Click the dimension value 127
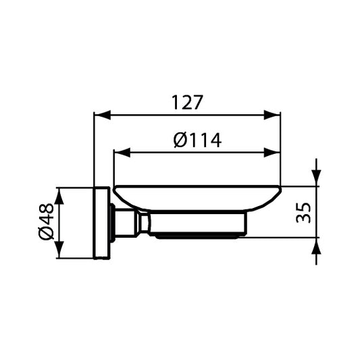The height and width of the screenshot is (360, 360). [x=187, y=102]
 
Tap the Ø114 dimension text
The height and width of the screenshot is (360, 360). [x=197, y=140]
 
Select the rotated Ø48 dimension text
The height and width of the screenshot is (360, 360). [x=47, y=222]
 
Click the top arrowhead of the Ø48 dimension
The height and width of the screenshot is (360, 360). [x=59, y=194]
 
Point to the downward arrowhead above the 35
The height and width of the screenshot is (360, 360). [x=315, y=179]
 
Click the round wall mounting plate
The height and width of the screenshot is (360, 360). [x=102, y=222]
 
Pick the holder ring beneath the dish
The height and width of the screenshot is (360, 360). [x=196, y=226]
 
